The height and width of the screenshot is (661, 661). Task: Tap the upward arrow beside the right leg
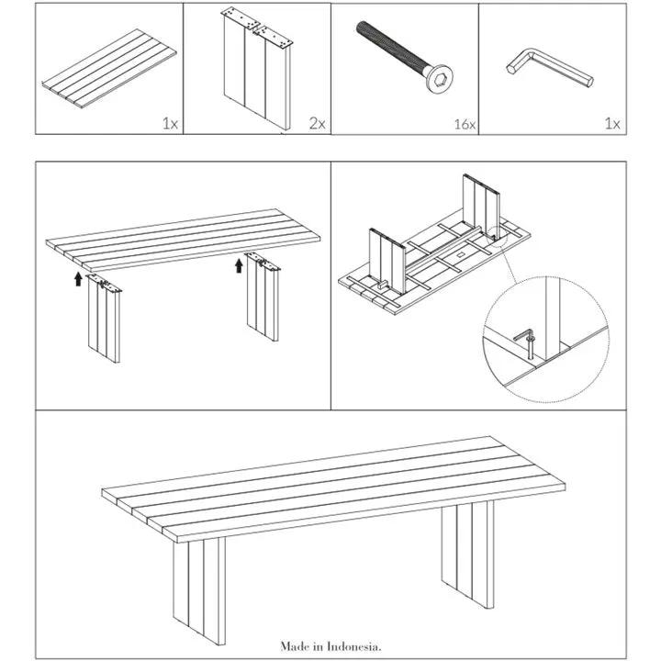pos(239,265)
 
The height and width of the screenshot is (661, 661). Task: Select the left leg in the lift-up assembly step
pos(105,321)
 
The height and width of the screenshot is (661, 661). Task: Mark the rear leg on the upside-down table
pos(479,207)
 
